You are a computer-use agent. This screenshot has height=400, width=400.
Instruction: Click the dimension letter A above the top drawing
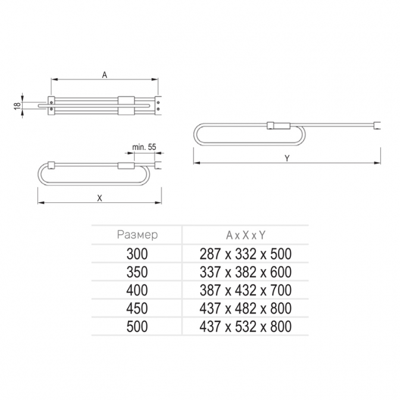point(105,75)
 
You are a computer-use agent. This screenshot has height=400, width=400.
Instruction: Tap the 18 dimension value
point(17,105)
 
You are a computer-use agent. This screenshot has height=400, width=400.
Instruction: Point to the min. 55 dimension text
point(144,147)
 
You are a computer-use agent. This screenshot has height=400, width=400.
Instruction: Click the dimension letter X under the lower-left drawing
point(99,198)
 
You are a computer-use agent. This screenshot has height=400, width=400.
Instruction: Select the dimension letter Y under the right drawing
point(287,158)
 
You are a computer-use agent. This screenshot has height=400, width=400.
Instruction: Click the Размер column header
point(137,235)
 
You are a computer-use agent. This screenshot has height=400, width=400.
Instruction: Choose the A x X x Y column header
point(246,235)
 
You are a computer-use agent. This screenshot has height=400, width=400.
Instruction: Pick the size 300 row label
point(137,254)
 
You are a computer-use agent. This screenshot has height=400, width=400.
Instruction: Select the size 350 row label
point(137,272)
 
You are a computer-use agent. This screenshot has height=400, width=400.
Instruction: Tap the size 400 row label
point(137,290)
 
